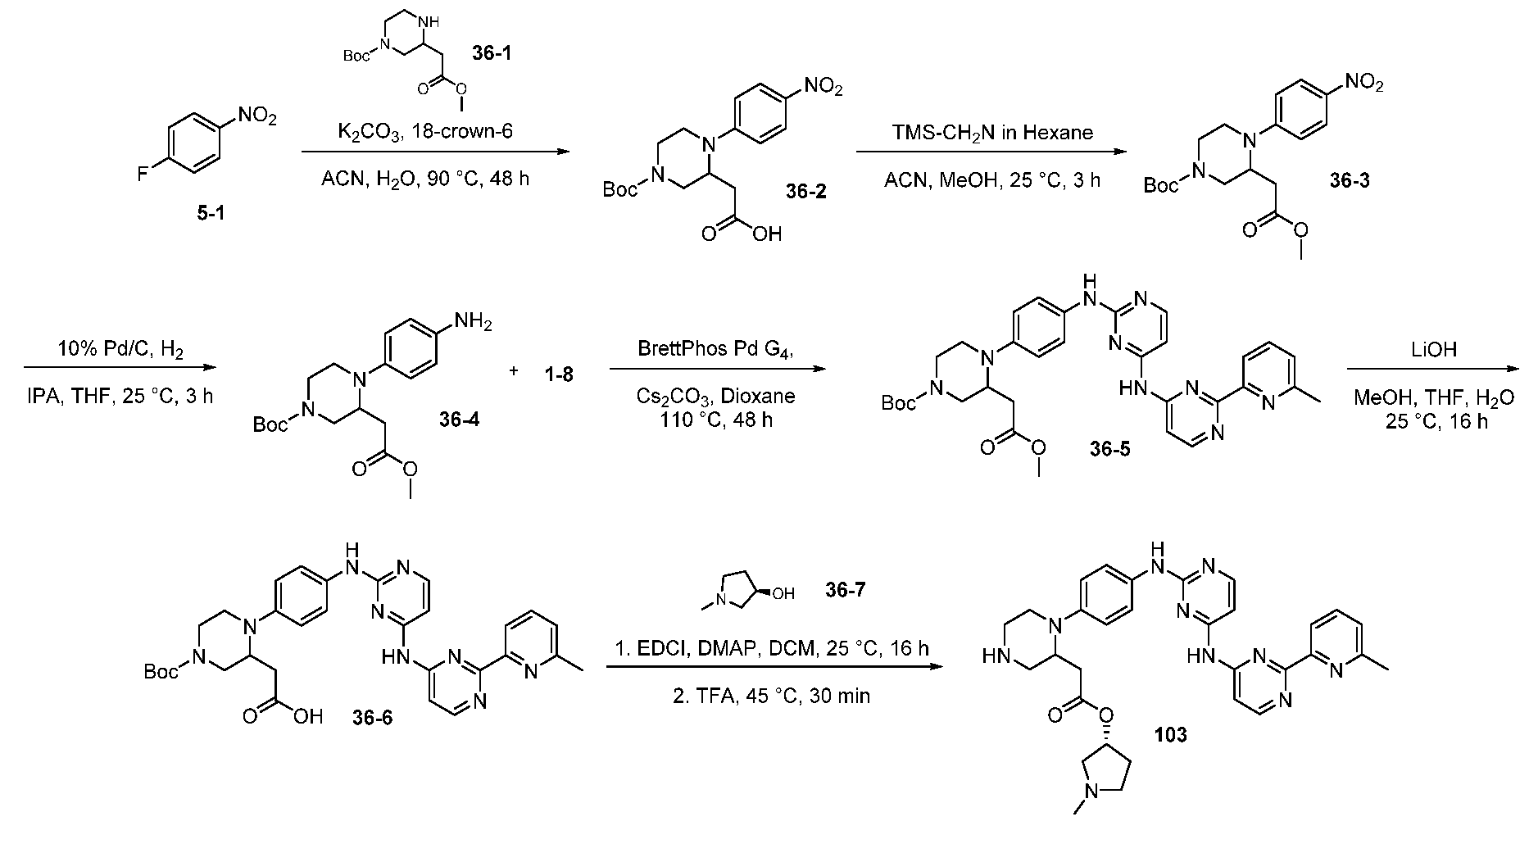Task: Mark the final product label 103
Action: (1170, 735)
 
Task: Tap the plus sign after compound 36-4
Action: (514, 371)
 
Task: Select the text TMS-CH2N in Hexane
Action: (991, 133)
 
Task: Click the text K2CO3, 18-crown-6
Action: (426, 133)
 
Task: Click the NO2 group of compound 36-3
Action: (1363, 84)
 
